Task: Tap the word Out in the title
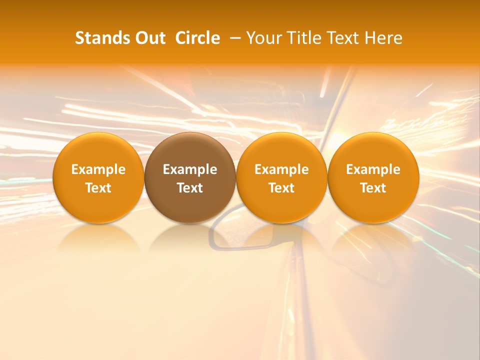pyautogui.click(x=149, y=38)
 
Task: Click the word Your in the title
pyautogui.click(x=263, y=38)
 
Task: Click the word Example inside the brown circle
pyautogui.click(x=190, y=169)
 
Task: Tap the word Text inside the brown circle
pyautogui.click(x=190, y=188)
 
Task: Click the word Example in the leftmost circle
pyautogui.click(x=98, y=169)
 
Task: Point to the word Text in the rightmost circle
pyautogui.click(x=373, y=188)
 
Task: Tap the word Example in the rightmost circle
pyautogui.click(x=373, y=169)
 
